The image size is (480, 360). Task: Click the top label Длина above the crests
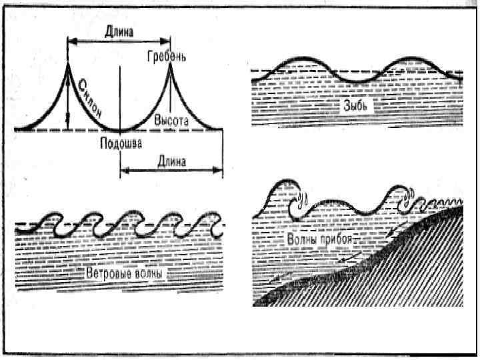120,31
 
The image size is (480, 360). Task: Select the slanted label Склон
91,97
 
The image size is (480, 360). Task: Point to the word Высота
171,121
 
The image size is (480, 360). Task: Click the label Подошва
120,143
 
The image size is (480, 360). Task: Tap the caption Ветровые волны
124,273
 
